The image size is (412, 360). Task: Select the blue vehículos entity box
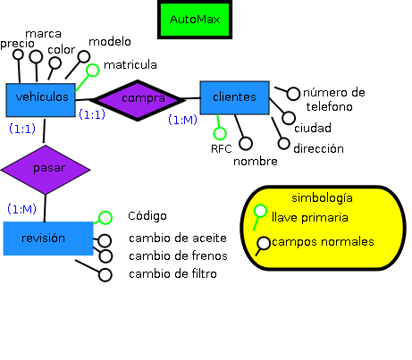(42, 98)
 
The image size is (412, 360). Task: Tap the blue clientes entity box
(234, 97)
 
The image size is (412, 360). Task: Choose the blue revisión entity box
(46, 238)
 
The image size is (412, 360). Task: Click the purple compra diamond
(141, 97)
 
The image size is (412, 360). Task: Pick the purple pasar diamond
(46, 168)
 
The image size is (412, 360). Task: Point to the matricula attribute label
(130, 65)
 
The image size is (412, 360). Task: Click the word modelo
(111, 41)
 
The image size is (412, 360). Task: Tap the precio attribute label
(18, 43)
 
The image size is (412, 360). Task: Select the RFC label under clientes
(221, 148)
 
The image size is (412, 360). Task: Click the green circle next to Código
(105, 217)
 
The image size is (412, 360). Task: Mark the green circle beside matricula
(92, 70)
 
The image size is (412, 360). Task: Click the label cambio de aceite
(177, 238)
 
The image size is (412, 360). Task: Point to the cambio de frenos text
(177, 255)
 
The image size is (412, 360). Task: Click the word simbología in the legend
(323, 197)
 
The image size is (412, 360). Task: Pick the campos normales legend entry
(323, 241)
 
